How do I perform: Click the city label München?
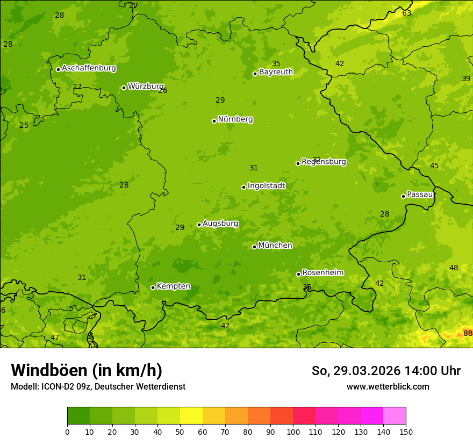pos(275,246)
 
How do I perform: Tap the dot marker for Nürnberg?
pos(214,121)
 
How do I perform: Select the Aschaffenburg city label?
pos(89,68)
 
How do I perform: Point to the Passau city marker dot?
pos(403,196)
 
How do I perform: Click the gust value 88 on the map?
pos(468,334)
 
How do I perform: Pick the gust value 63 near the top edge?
pos(407,13)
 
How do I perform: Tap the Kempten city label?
pos(173,286)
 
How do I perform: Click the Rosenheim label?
pos(322,273)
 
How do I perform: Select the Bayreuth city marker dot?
pos(255,74)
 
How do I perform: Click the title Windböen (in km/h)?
pos(87,370)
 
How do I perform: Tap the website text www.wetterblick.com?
pos(388,386)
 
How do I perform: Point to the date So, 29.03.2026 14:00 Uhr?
pos(386,371)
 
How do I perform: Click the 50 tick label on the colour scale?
pos(180,431)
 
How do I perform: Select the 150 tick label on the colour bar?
pos(406,431)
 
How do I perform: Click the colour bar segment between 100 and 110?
pos(304,416)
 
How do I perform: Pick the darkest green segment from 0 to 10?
pos(78,416)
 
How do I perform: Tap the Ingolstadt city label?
pos(266,186)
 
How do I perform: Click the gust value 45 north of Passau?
pos(434,166)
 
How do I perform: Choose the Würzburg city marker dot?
pos(124,88)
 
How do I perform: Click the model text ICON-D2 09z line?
pos(98,386)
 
